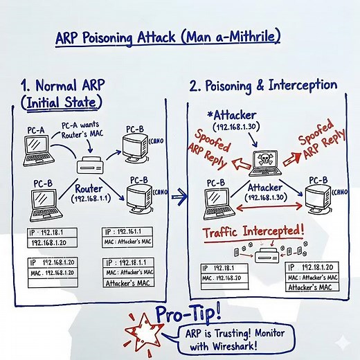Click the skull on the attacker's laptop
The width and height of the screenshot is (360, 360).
(264, 159)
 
